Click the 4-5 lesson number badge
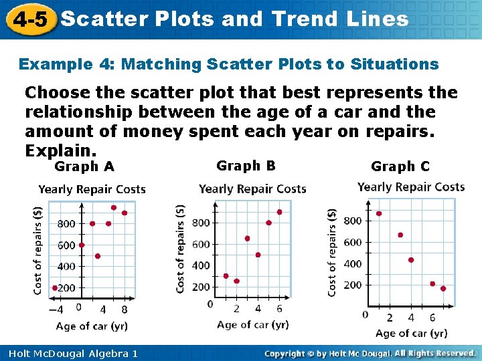(x=29, y=19)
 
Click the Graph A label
(x=84, y=166)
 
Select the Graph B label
(x=246, y=166)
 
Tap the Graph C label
(x=400, y=166)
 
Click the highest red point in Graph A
(x=114, y=208)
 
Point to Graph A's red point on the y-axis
(x=82, y=245)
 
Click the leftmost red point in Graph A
(x=55, y=288)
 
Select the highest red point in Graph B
(x=279, y=212)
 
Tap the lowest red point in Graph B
(x=236, y=281)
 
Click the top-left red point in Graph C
(x=379, y=214)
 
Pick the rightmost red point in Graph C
(x=443, y=289)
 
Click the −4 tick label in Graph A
(x=57, y=310)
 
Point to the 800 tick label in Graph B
(x=201, y=223)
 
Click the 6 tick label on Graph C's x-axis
(x=432, y=317)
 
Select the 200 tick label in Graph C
(x=352, y=285)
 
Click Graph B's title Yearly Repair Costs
(x=252, y=189)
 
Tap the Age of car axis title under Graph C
(x=411, y=333)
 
